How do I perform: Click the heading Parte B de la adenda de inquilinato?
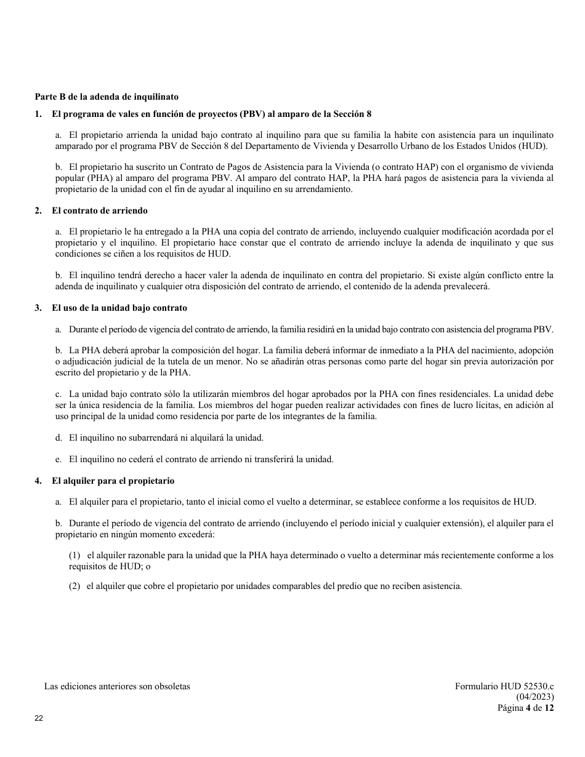tap(107, 97)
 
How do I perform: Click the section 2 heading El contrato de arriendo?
tap(100, 210)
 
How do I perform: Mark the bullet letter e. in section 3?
tap(58, 459)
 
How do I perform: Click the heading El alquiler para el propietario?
tap(113, 481)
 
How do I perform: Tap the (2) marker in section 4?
tap(75, 586)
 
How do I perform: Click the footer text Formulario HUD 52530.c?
tap(504, 686)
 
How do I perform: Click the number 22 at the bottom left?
tap(39, 718)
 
